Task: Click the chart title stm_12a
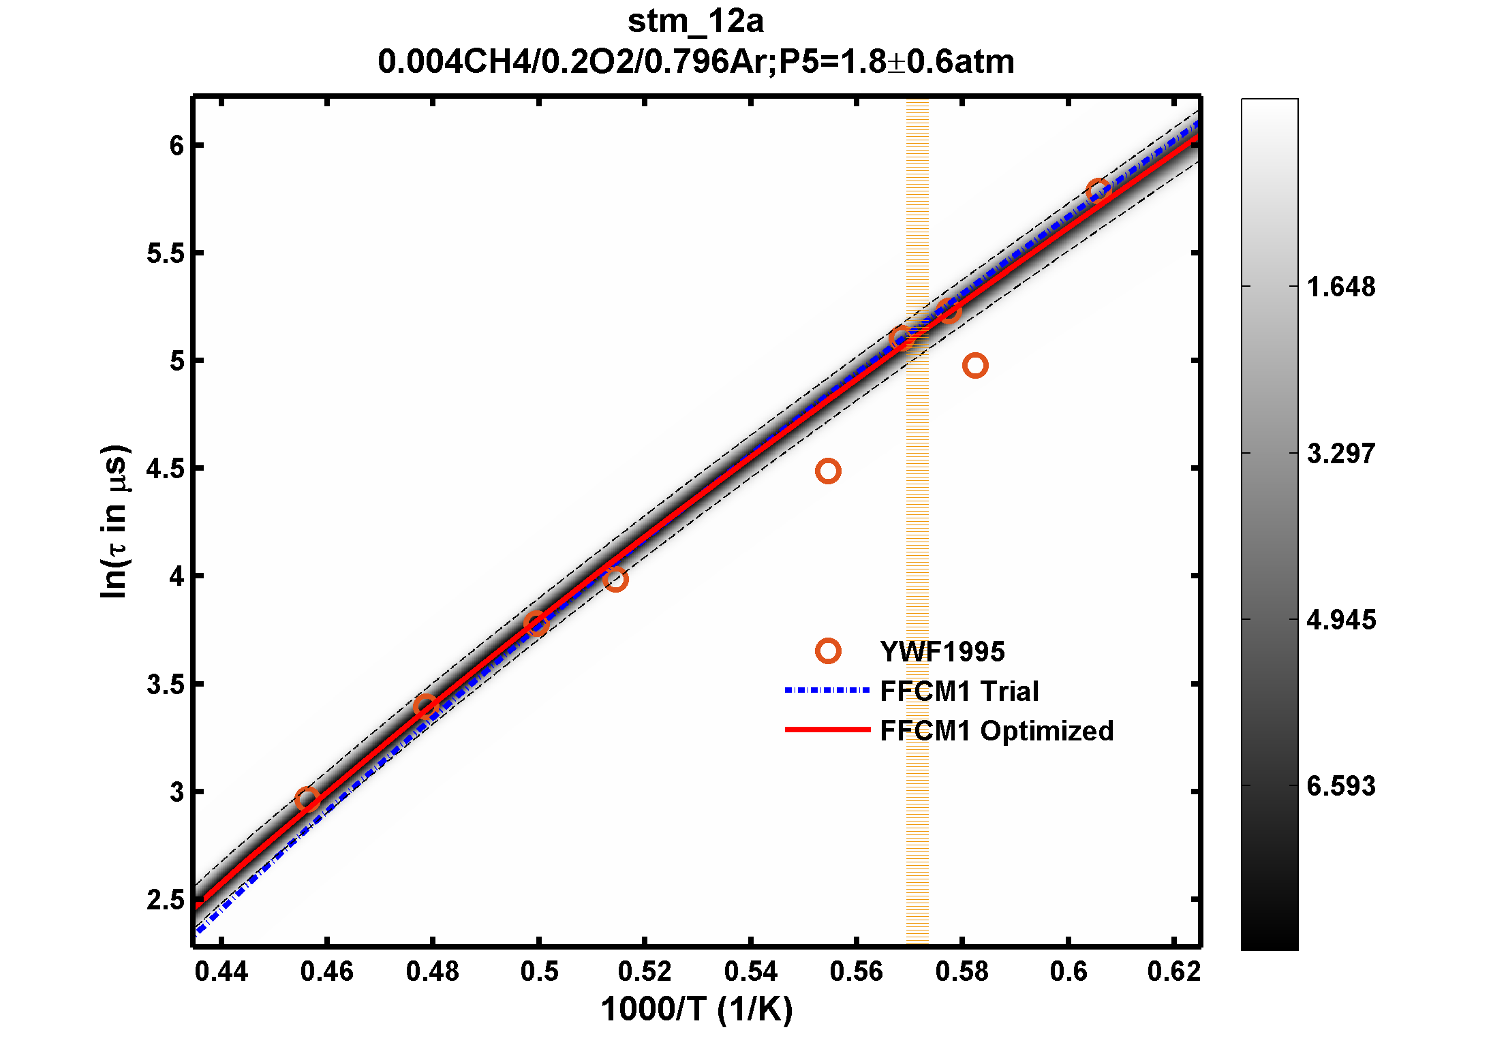pos(695,22)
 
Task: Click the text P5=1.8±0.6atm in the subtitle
pos(896,62)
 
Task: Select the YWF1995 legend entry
pos(942,652)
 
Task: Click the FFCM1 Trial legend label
pos(959,691)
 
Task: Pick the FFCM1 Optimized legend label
pos(996,731)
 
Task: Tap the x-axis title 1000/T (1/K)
pos(696,1009)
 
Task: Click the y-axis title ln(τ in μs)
pos(114,522)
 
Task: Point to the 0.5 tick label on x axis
pos(539,971)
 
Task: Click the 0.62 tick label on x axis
pos(1173,971)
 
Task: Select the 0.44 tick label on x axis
pos(221,971)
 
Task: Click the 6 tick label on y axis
pos(177,146)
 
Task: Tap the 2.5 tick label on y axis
pos(166,900)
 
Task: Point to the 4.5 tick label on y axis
pos(166,469)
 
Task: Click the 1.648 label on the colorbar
pos(1340,287)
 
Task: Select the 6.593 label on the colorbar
pos(1340,786)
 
